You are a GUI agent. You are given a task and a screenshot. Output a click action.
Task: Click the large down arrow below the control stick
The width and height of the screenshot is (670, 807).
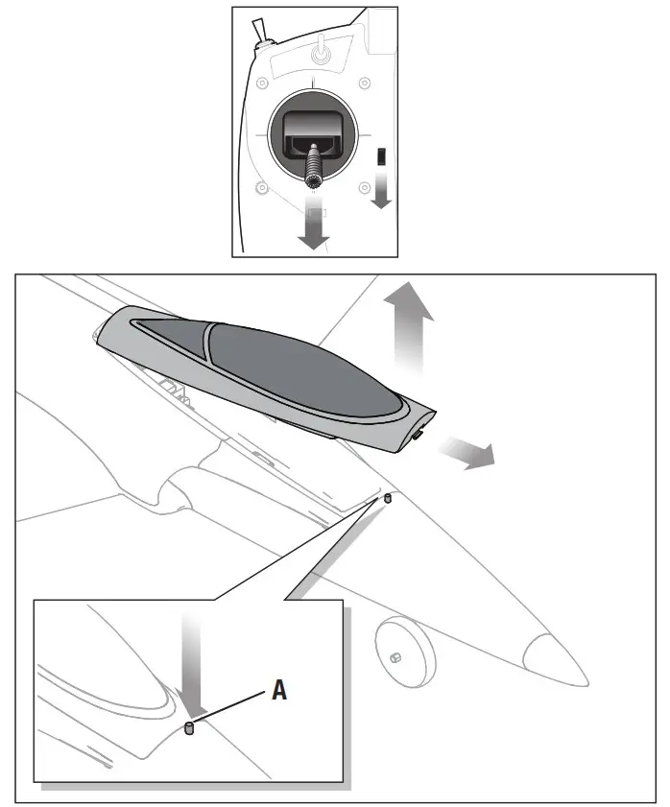[x=312, y=225]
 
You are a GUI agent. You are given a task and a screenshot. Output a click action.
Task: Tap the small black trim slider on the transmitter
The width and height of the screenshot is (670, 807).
[x=380, y=156]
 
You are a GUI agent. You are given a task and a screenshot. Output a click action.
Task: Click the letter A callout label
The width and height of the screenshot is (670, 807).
[x=279, y=690]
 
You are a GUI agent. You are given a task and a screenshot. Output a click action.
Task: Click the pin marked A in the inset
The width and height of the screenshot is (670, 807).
[x=189, y=730]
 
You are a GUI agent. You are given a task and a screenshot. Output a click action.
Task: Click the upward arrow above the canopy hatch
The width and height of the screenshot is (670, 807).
[x=408, y=326]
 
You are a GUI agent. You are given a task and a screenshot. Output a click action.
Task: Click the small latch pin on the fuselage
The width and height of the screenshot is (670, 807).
[x=388, y=499]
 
